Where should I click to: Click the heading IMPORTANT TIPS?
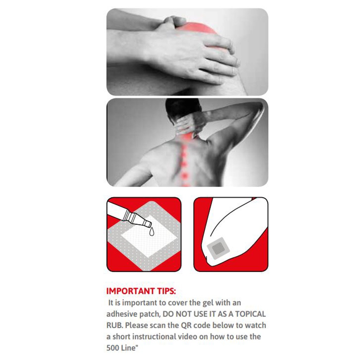141,291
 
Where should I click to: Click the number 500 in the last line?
113,348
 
